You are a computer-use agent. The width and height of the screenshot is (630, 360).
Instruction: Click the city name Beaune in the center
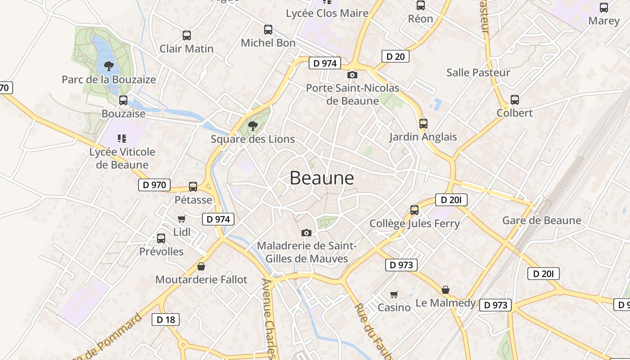tap(322, 178)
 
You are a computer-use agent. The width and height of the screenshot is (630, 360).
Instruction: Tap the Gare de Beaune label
tap(541, 220)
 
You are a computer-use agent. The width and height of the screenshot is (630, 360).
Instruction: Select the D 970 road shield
tap(154, 184)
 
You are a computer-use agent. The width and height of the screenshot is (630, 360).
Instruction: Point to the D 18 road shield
tap(166, 319)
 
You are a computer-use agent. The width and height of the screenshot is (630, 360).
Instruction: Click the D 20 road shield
tap(396, 56)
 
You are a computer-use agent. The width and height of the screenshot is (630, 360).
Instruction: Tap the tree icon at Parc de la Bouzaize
tap(108, 66)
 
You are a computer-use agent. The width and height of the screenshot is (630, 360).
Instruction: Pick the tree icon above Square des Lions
tap(253, 126)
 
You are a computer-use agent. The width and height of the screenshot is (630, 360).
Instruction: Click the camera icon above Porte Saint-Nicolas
tap(352, 75)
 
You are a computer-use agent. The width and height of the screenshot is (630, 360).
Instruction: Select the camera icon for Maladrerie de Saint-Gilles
tap(306, 233)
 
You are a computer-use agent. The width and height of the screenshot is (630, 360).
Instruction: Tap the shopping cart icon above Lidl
tap(182, 219)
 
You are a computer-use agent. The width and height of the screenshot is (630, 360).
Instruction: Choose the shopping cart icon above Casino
tap(394, 294)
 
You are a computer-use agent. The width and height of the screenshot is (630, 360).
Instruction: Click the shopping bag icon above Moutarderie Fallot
tap(201, 266)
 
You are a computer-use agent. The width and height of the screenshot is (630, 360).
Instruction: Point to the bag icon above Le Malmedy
tap(445, 290)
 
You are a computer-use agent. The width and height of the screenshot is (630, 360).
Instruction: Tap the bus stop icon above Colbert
tap(515, 100)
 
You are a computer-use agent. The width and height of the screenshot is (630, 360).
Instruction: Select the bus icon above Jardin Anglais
tap(423, 123)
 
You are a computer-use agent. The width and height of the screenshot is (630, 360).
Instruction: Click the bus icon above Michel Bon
tap(268, 30)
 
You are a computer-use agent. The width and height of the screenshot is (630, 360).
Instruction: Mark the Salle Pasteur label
tap(478, 72)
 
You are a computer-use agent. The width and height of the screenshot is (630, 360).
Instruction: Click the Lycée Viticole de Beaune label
tap(122, 158)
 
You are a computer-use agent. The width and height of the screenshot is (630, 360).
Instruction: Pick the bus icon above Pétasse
tap(193, 186)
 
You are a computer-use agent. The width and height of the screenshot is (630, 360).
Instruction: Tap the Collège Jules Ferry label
tap(414, 224)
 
